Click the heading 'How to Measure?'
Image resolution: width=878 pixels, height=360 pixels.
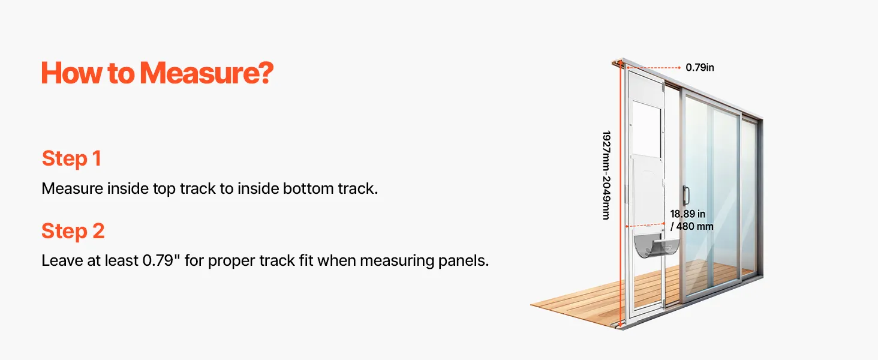pyautogui.click(x=157, y=73)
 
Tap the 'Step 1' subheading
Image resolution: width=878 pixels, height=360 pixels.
pyautogui.click(x=72, y=158)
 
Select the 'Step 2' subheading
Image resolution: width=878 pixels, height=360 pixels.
pyautogui.click(x=73, y=230)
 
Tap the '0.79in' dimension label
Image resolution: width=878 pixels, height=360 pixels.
pyautogui.click(x=700, y=67)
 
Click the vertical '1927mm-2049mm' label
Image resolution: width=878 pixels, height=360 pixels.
pyautogui.click(x=606, y=175)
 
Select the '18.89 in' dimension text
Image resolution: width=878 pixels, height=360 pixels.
pyautogui.click(x=687, y=214)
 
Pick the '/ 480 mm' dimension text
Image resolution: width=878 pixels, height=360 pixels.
pyautogui.click(x=692, y=226)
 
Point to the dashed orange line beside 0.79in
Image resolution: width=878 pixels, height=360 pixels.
pyautogui.click(x=654, y=68)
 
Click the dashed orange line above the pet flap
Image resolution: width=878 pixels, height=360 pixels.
pyautogui.click(x=645, y=226)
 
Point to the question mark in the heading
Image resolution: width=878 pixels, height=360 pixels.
pyautogui.click(x=266, y=73)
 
